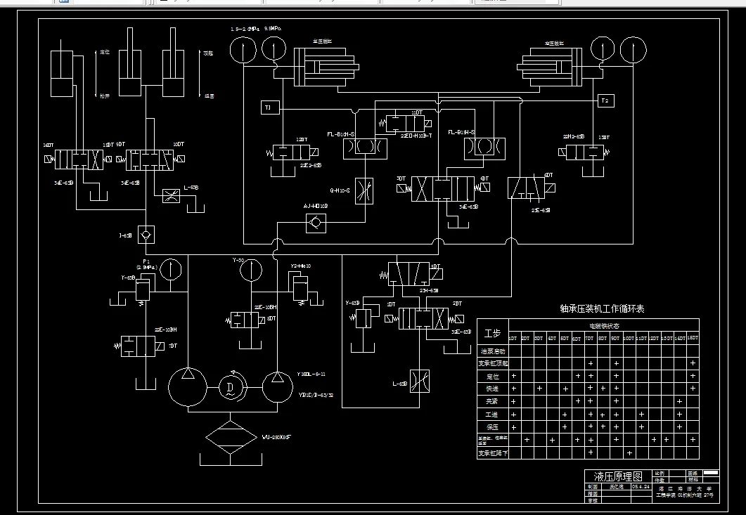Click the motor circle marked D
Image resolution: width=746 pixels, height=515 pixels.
coord(230,386)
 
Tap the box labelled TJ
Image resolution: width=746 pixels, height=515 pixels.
coord(268,107)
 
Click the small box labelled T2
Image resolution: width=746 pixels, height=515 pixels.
coord(605,100)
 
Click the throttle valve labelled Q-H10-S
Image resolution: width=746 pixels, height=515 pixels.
coord(364,190)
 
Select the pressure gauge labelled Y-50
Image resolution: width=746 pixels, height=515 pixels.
coord(249,269)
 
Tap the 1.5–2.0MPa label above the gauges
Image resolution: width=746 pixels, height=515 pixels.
coord(245,29)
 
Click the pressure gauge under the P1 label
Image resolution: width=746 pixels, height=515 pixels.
coord(170,269)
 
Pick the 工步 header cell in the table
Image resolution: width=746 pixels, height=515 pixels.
coord(493,332)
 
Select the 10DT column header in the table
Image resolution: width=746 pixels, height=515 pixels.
coord(629,339)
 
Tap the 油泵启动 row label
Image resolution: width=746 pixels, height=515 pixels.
coord(493,351)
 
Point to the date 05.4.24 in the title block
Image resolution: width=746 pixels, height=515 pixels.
coord(640,485)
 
